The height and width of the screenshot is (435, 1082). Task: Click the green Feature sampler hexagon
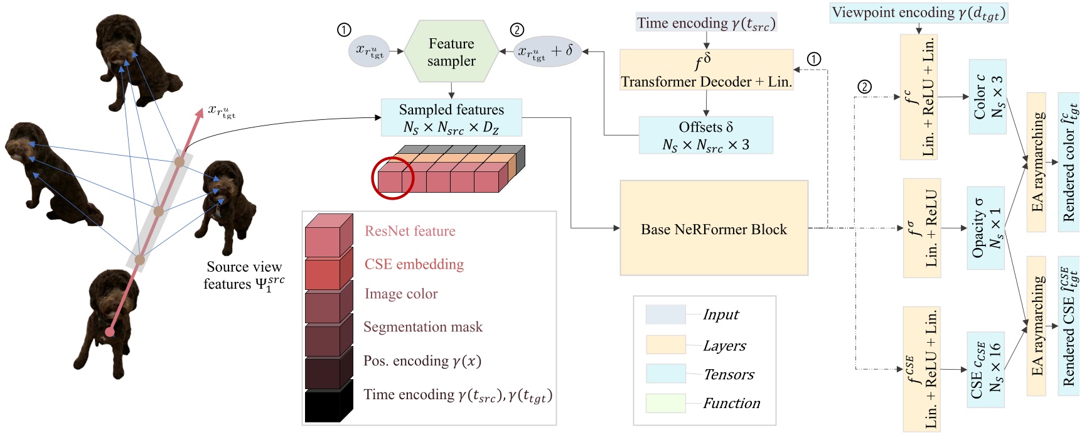point(451,52)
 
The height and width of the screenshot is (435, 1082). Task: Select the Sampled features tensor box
point(451,118)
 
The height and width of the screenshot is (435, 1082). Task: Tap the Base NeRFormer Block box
point(714,228)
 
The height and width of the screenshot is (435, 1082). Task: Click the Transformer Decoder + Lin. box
point(706,70)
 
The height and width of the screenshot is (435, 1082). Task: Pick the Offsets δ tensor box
point(705,136)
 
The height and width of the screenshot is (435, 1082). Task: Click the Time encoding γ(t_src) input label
point(706,23)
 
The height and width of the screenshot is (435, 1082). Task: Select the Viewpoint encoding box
point(918,13)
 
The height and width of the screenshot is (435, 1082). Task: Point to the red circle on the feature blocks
point(393,178)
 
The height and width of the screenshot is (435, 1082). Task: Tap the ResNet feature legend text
point(410,231)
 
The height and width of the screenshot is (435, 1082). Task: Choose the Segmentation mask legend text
point(422,327)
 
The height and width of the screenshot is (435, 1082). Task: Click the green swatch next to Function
point(665,403)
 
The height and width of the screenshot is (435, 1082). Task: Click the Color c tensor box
point(987,97)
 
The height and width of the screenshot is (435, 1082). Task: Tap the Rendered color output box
point(1068,162)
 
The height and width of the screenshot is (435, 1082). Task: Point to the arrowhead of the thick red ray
point(199,111)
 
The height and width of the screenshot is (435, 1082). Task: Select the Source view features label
point(244,276)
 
